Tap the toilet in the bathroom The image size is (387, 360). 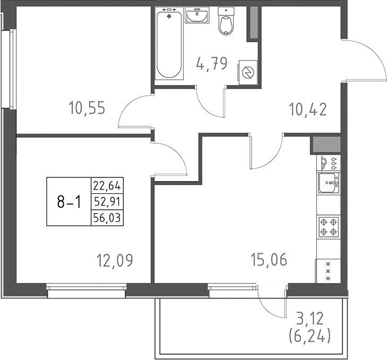pos(227,22)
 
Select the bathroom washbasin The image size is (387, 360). pos(199,16)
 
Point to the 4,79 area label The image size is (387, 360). pos(211,65)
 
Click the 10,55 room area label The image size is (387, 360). pos(87,108)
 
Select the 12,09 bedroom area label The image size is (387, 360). pos(114,260)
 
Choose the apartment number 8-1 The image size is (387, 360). pos(68,202)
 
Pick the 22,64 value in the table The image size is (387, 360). pos(107,186)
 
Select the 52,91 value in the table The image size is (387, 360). pos(107,201)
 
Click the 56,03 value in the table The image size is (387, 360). pos(107,217)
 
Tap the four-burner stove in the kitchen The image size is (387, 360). pos(328,226)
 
